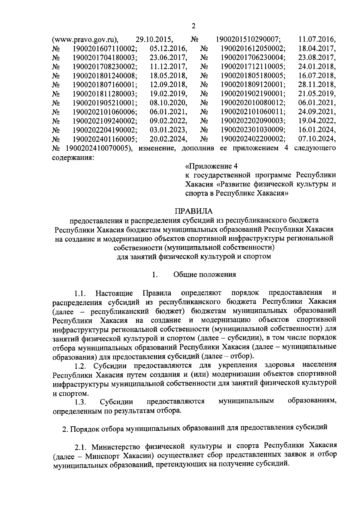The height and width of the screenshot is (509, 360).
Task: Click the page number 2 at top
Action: [193, 26]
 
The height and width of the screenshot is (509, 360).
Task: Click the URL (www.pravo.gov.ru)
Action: [85, 39]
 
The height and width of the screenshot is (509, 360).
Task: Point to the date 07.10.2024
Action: [317, 139]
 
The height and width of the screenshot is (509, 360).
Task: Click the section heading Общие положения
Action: [205, 275]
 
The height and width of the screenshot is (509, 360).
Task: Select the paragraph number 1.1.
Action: [80, 293]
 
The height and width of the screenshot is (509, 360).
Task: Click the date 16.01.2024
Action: [317, 130]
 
